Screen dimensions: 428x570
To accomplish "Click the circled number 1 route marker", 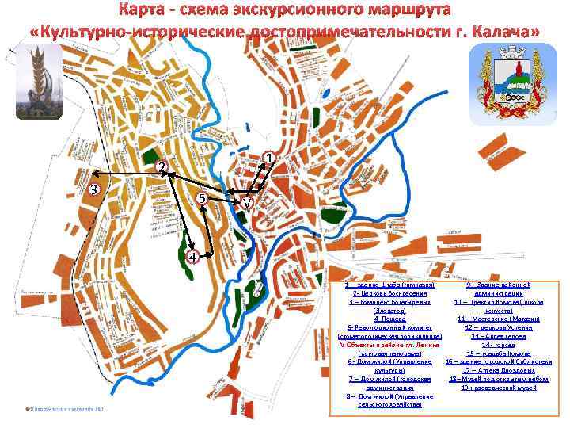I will coord(270,159).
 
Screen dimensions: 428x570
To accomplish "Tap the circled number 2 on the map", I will coord(161,167).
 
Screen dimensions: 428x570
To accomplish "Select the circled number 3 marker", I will coord(93,189).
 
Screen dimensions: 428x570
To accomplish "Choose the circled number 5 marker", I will coord(203,198).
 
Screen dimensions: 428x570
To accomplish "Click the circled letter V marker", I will coord(248,204).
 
